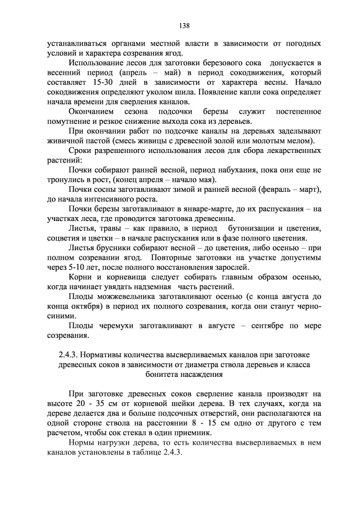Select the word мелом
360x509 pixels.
point(303,141)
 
